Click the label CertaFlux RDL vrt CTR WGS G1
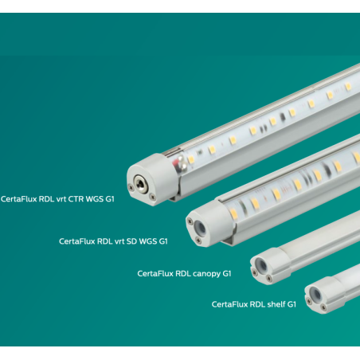point(57,199)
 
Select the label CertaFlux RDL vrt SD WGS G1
point(113,241)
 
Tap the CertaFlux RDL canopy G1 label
point(184,274)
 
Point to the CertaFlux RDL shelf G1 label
point(254,304)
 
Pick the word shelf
point(276,304)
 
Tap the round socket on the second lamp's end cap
point(200,227)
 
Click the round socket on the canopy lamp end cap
point(261,264)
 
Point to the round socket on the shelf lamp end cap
point(315,294)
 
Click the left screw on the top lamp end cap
point(131,187)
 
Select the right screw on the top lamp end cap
point(152,197)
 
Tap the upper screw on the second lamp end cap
point(190,221)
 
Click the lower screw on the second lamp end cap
point(198,241)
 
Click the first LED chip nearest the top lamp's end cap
point(191,160)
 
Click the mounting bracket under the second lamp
point(229,241)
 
